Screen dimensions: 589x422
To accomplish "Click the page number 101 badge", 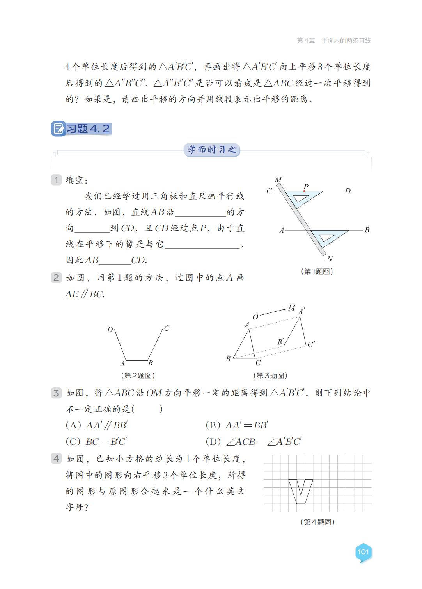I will click(x=363, y=552).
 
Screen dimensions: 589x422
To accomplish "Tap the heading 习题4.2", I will click(x=82, y=129).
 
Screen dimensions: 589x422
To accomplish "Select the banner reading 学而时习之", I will click(x=212, y=150).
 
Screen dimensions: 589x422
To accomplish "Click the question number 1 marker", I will click(x=57, y=180).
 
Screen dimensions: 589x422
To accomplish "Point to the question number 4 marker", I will click(x=57, y=458).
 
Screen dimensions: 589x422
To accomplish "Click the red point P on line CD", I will click(x=304, y=191).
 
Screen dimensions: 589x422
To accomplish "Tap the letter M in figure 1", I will click(x=278, y=180).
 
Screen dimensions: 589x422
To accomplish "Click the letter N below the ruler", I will click(x=330, y=259).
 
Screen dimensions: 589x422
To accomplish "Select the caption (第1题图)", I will click(x=317, y=271).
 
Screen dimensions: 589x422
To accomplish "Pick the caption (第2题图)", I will click(x=138, y=375).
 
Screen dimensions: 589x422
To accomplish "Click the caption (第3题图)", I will click(x=271, y=375).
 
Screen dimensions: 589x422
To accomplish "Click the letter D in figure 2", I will click(x=110, y=330).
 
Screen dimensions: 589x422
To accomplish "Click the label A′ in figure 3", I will click(x=301, y=311).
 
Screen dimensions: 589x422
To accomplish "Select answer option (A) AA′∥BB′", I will click(x=97, y=425).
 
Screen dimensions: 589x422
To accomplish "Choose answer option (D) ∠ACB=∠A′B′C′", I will click(x=254, y=442).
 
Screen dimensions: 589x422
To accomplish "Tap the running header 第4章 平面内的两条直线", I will click(x=333, y=40).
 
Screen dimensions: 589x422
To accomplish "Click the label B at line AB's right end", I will click(x=367, y=230).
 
